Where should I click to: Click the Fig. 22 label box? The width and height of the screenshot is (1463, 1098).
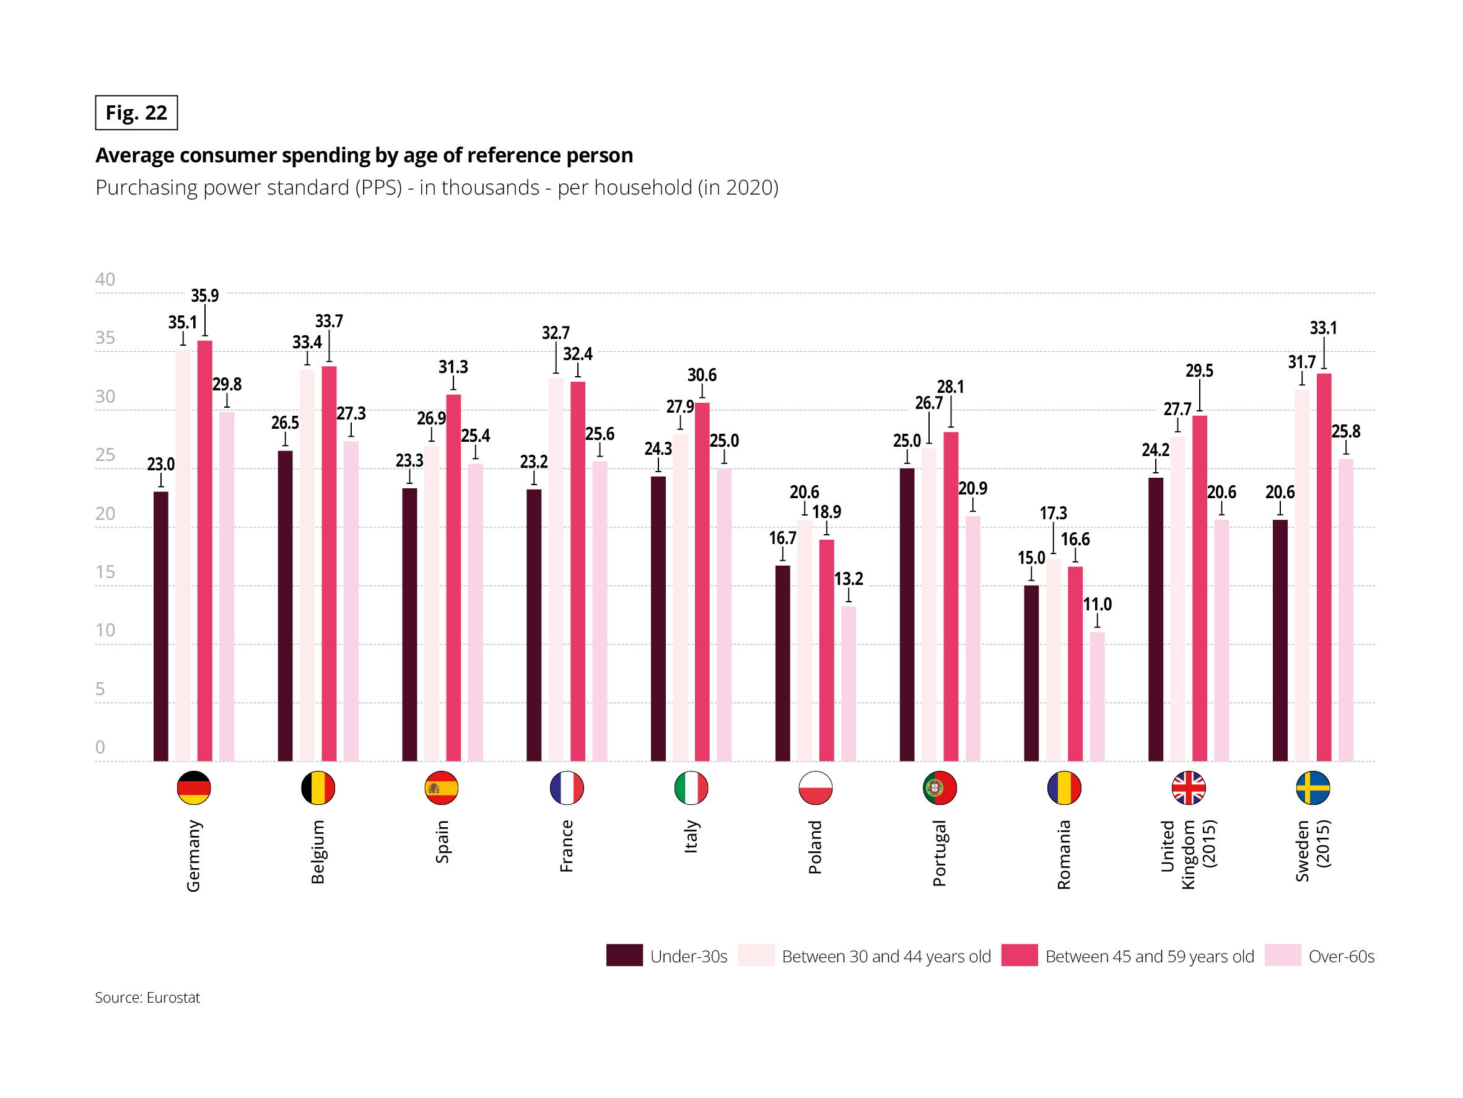[x=136, y=113]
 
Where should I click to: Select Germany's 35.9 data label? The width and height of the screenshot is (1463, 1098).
[x=204, y=295]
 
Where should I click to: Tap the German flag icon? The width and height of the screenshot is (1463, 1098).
[x=194, y=788]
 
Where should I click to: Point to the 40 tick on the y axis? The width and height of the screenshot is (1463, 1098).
[x=105, y=279]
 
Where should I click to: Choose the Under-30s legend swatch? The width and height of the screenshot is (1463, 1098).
[x=624, y=955]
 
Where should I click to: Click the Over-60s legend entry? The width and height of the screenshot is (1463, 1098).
[x=1340, y=956]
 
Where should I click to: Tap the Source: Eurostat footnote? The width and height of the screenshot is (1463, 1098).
[x=147, y=998]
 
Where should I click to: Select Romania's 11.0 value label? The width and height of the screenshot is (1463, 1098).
[x=1098, y=604]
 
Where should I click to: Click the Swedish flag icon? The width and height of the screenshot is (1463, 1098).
[x=1313, y=788]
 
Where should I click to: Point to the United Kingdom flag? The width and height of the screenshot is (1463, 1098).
[x=1189, y=788]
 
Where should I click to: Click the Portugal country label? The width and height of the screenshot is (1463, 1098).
[x=939, y=853]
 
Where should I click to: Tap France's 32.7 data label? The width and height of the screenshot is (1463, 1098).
[x=556, y=333]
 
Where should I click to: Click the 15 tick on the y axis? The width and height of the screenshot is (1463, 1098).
[x=105, y=572]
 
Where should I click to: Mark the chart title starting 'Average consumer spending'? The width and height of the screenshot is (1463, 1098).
[x=364, y=155]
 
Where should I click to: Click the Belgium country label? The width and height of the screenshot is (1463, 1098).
[x=318, y=852]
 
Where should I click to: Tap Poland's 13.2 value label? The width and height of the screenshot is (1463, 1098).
[x=849, y=579]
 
